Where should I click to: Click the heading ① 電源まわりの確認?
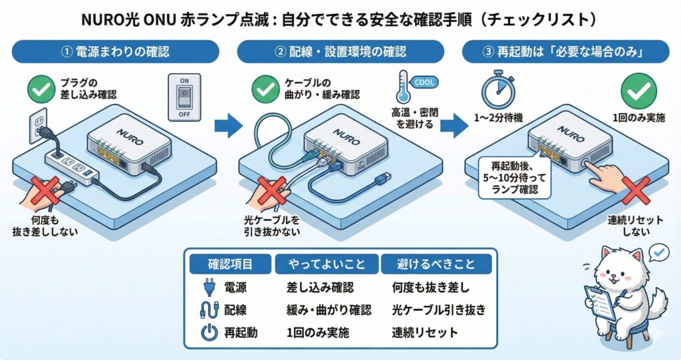tap(115, 51)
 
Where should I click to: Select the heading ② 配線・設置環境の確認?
tap(340, 51)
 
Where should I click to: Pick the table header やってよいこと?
tap(326, 264)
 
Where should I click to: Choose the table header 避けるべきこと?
tap(436, 264)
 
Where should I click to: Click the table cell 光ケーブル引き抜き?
tap(438, 310)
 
